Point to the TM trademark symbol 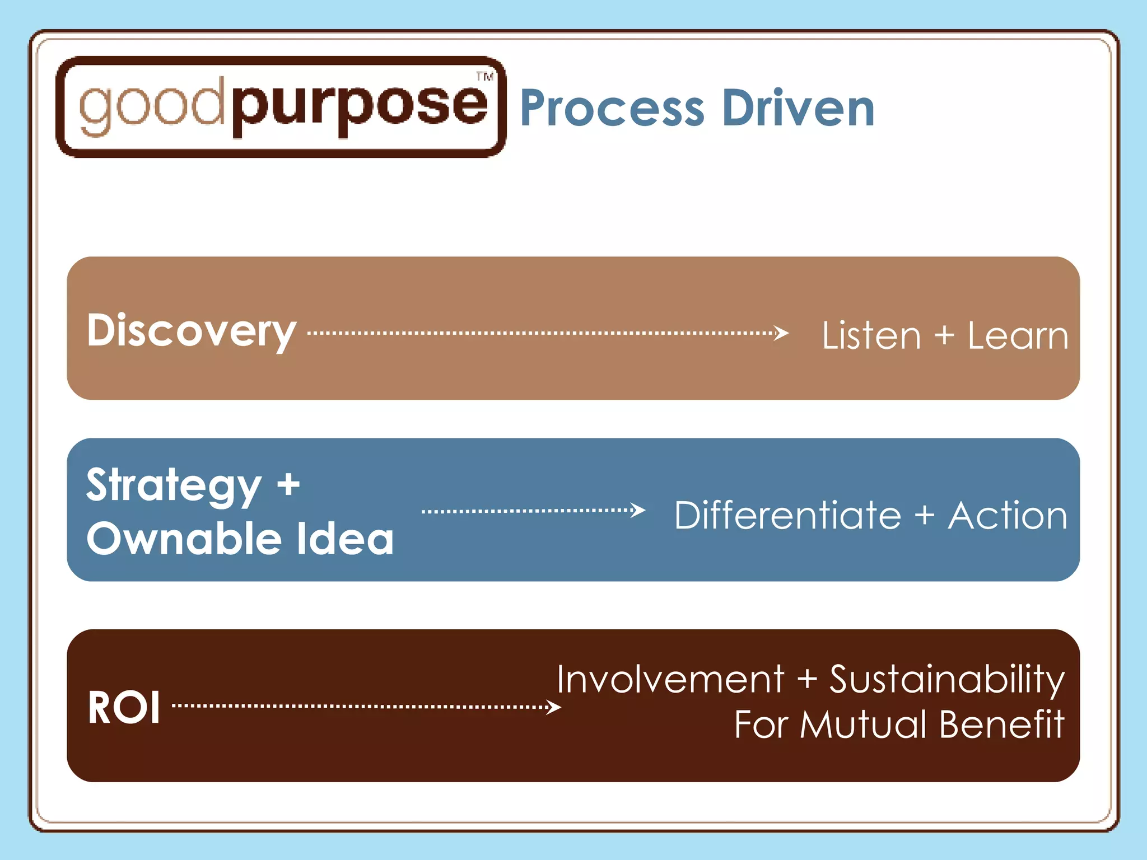click(x=485, y=77)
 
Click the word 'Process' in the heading click(x=612, y=109)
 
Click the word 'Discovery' click(x=192, y=331)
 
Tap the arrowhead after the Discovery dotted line click(x=782, y=333)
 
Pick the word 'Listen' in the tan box click(x=871, y=336)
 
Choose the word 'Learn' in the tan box click(x=1018, y=336)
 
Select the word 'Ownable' click(x=184, y=539)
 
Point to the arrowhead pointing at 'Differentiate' click(x=638, y=510)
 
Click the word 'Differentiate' click(x=787, y=515)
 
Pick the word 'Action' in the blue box click(x=1008, y=515)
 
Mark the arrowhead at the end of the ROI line click(x=553, y=707)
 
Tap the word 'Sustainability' click(x=946, y=680)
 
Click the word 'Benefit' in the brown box click(x=1001, y=725)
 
